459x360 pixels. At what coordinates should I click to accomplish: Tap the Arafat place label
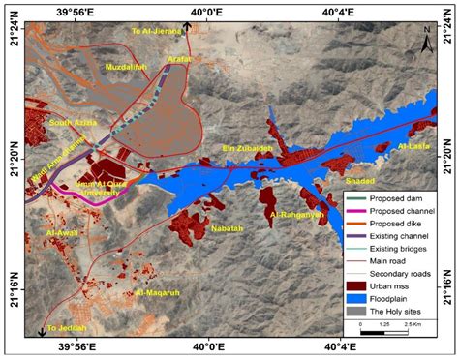(180, 60)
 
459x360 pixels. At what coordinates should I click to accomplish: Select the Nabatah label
(229, 230)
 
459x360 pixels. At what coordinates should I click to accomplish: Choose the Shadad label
(358, 180)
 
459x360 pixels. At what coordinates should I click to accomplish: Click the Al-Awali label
(64, 233)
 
